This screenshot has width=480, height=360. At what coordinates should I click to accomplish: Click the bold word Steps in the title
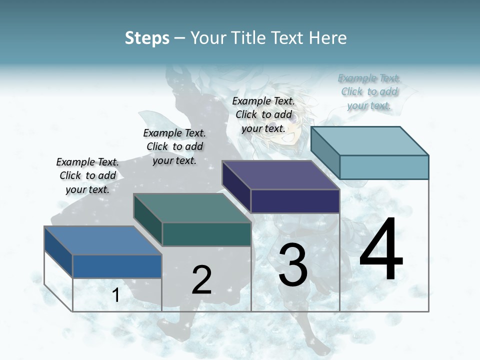147,38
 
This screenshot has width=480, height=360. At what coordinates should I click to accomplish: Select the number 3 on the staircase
293,265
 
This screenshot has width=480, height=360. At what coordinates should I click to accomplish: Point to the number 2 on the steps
202,279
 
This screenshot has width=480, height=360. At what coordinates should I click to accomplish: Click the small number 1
116,295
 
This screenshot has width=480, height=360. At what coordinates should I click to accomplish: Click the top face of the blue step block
102,240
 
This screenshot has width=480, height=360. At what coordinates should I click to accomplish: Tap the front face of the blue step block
117,266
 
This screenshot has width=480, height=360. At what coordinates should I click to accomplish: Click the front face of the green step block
206,234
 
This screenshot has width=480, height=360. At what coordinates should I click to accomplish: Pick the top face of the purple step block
281,175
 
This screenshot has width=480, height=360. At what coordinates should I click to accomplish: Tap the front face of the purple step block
295,201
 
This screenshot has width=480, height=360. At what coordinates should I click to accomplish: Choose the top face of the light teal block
370,140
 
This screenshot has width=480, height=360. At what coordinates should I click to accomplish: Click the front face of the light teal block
384,167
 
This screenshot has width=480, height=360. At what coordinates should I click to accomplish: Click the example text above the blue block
87,175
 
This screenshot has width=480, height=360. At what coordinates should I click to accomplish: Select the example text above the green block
174,146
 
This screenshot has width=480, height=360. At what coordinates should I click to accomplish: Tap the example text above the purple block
263,114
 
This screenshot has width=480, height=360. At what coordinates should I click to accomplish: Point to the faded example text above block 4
369,91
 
